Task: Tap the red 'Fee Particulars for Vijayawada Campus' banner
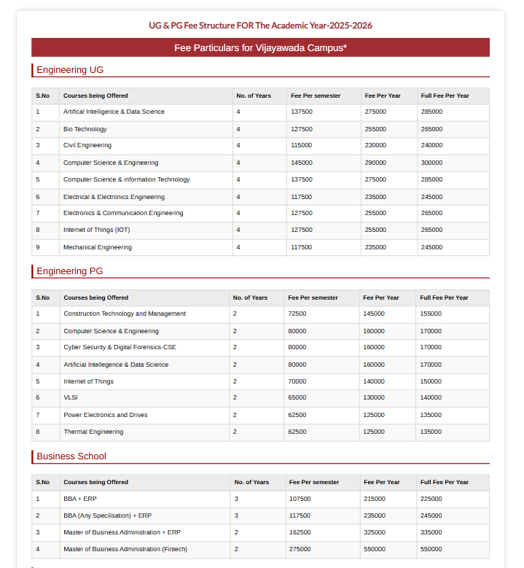tap(260, 47)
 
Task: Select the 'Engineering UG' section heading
tap(70, 70)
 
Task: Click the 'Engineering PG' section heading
tap(70, 271)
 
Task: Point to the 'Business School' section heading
tap(71, 456)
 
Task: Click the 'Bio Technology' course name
tap(85, 129)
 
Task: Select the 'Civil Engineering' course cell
tap(87, 146)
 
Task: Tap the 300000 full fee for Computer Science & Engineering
tap(431, 163)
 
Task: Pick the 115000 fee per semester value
tap(301, 146)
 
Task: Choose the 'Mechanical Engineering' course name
tap(98, 247)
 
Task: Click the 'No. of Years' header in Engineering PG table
tap(250, 297)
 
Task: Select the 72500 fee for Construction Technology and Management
tap(297, 314)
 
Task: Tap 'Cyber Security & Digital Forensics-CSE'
tap(120, 348)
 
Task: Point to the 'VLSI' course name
tap(70, 398)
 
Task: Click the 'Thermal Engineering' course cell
tap(93, 432)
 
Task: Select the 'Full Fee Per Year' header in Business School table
tap(444, 482)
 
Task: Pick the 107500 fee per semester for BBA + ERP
tap(300, 499)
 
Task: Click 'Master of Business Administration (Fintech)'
tap(125, 549)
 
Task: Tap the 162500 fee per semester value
tap(300, 532)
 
